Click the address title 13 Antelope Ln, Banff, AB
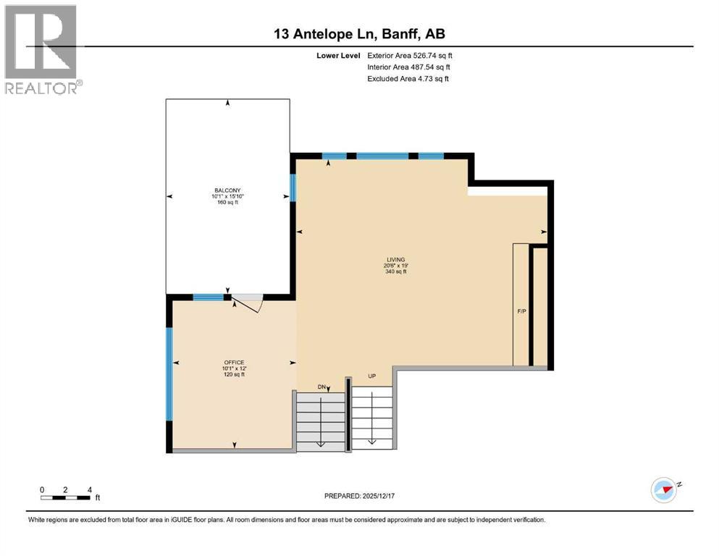pyautogui.click(x=359, y=34)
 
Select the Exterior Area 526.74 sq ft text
pyautogui.click(x=410, y=56)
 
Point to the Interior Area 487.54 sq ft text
pyautogui.click(x=408, y=67)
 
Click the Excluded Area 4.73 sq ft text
pyautogui.click(x=408, y=79)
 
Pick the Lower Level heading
pyautogui.click(x=338, y=56)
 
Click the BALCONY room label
pyautogui.click(x=227, y=190)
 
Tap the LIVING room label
pyautogui.click(x=396, y=259)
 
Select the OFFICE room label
pyautogui.click(x=234, y=362)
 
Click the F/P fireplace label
pyautogui.click(x=521, y=311)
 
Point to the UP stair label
pyautogui.click(x=372, y=376)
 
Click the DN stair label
pyautogui.click(x=321, y=387)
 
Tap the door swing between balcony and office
pyautogui.click(x=247, y=304)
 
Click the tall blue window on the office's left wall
pyautogui.click(x=169, y=374)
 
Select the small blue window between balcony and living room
pyautogui.click(x=293, y=187)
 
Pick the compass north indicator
pyautogui.click(x=665, y=490)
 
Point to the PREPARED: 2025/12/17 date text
pyautogui.click(x=359, y=496)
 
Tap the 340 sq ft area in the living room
pyautogui.click(x=396, y=271)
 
